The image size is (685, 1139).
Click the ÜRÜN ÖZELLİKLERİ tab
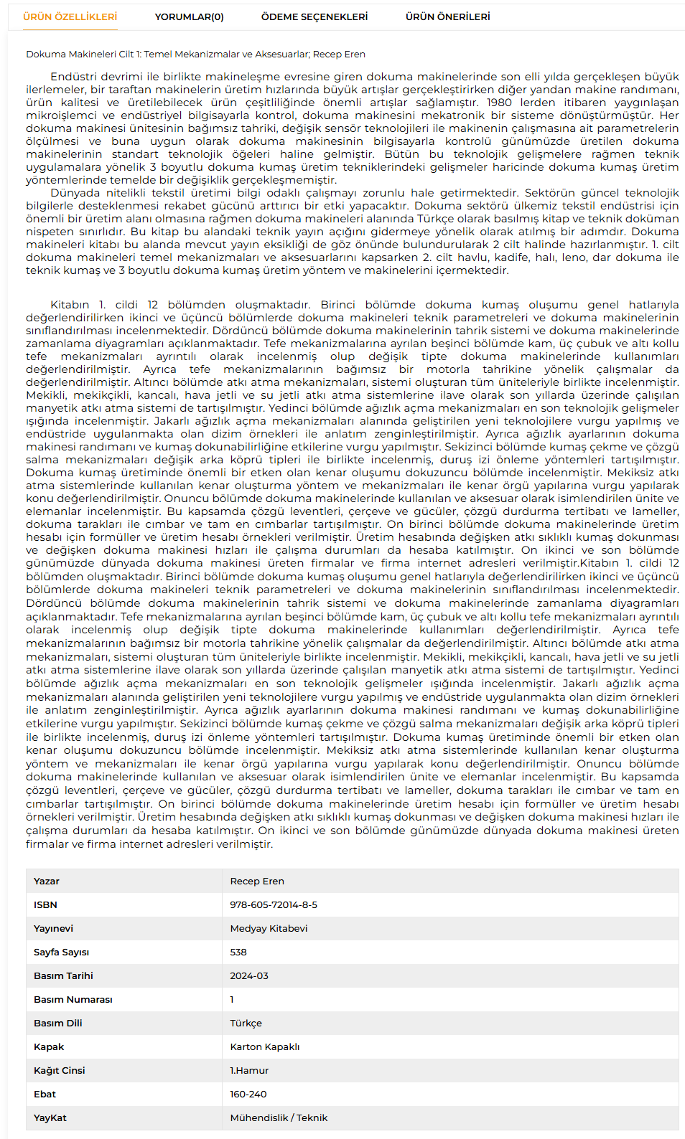[x=70, y=16]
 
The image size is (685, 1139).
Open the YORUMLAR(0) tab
[x=189, y=16]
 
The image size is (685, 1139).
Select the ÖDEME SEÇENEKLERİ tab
[x=314, y=16]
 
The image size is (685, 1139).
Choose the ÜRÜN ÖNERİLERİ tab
[x=447, y=16]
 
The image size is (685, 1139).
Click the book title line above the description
[x=195, y=54]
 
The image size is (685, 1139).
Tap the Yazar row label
[x=47, y=881]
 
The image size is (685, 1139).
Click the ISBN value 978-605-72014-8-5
[x=274, y=904]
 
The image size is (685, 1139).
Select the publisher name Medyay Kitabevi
[x=269, y=928]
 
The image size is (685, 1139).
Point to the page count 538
[x=238, y=952]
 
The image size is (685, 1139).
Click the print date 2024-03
[x=249, y=975]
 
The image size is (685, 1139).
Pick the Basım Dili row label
[x=58, y=1023]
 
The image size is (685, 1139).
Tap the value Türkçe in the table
[x=246, y=1023]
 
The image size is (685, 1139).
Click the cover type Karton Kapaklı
[x=265, y=1046]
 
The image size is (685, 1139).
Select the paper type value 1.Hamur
[x=249, y=1070]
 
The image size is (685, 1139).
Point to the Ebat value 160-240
[x=248, y=1094]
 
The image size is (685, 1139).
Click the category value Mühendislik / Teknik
[x=279, y=1117]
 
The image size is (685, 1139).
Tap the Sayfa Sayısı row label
[x=62, y=952]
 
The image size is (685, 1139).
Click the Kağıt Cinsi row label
[x=59, y=1070]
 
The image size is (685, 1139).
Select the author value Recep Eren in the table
[x=257, y=881]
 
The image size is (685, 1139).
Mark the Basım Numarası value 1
[x=232, y=999]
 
